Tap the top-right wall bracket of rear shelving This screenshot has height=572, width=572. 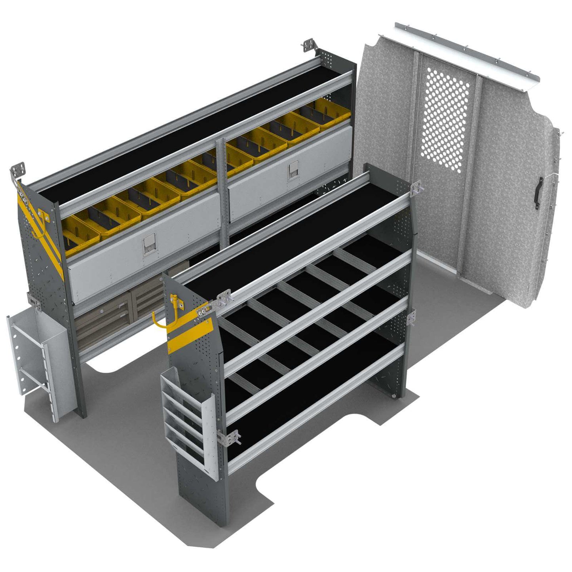(x=309, y=45)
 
